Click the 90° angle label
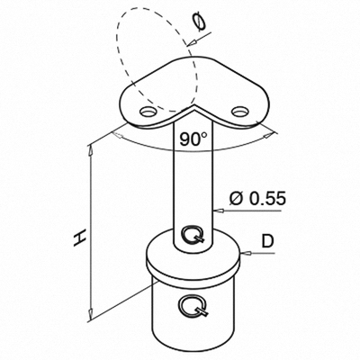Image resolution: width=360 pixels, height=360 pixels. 193,139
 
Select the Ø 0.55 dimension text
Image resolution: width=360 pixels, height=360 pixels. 257,198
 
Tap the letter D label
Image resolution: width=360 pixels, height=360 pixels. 267,242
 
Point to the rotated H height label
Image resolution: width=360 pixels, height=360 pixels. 80,238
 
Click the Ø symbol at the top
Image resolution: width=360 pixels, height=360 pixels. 199,22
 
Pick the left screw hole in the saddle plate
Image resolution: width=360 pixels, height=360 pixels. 148,112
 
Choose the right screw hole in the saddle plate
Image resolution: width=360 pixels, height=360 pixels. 240,112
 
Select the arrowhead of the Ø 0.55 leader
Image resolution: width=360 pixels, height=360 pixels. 218,211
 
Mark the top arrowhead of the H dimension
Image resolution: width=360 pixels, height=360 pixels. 90,150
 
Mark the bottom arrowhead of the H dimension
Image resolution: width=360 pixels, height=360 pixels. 90,315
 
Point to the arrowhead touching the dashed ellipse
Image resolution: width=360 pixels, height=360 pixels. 191,43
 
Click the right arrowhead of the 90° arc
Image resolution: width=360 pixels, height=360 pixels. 269,136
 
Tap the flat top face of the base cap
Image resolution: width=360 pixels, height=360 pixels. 193,249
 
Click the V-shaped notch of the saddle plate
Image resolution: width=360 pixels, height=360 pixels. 193,106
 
